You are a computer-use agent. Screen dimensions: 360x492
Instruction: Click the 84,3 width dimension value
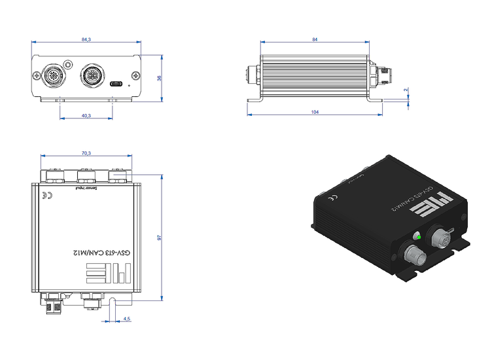[x=86, y=40]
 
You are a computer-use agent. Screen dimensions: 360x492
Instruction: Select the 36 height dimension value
[x=159, y=78]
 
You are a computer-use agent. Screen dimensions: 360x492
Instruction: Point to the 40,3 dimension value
[x=86, y=116]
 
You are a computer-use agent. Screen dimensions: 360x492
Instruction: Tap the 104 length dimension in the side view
[x=315, y=113]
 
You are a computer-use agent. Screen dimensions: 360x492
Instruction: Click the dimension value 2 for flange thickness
[x=406, y=90]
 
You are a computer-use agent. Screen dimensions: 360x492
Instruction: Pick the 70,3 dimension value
[x=86, y=153]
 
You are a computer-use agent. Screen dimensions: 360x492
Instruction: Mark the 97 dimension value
[x=159, y=238]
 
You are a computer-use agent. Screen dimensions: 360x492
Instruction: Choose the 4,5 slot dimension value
[x=127, y=319]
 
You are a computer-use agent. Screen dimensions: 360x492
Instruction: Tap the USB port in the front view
[x=117, y=84]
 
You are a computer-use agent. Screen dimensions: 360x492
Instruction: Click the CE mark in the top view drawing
[x=46, y=196]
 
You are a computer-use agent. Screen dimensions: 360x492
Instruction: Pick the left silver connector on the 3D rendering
[x=414, y=252]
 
